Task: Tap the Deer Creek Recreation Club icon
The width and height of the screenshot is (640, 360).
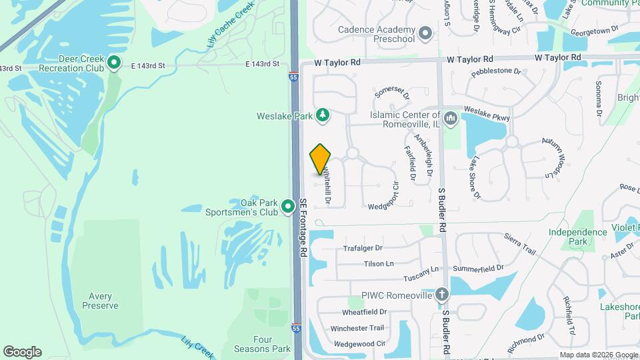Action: pyautogui.click(x=114, y=63)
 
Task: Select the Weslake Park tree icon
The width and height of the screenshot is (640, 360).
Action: pyautogui.click(x=323, y=116)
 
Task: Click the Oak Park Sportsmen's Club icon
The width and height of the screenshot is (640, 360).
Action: pyautogui.click(x=288, y=207)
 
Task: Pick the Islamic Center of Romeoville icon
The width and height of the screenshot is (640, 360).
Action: pyautogui.click(x=450, y=118)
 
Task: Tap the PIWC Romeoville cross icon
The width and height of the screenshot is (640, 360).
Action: pyautogui.click(x=441, y=294)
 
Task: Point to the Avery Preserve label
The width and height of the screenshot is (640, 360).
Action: pyautogui.click(x=100, y=301)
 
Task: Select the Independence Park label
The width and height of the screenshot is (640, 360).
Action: pyautogui.click(x=577, y=237)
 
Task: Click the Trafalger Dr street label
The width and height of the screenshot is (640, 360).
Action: pyautogui.click(x=365, y=249)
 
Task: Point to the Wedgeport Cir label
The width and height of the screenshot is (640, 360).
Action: pyautogui.click(x=387, y=207)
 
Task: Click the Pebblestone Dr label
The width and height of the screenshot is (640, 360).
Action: pyautogui.click(x=495, y=71)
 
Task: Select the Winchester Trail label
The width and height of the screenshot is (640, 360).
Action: pyautogui.click(x=358, y=328)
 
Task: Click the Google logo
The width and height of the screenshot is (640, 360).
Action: pyautogui.click(x=22, y=352)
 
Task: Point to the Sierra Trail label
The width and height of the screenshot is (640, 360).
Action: pyautogui.click(x=520, y=244)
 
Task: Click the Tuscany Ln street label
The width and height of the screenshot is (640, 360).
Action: pyautogui.click(x=421, y=273)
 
